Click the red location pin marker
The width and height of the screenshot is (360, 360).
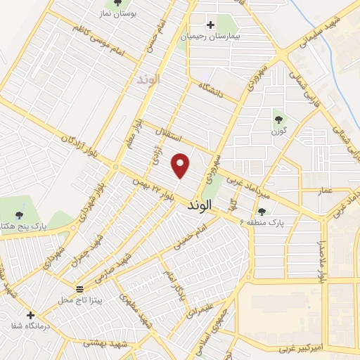coord(181,165)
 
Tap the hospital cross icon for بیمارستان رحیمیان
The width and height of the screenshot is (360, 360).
coord(210,25)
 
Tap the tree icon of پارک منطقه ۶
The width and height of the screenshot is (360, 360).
coord(262,211)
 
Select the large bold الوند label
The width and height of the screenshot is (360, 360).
coord(205,206)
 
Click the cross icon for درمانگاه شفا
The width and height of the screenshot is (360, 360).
coord(30,315)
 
